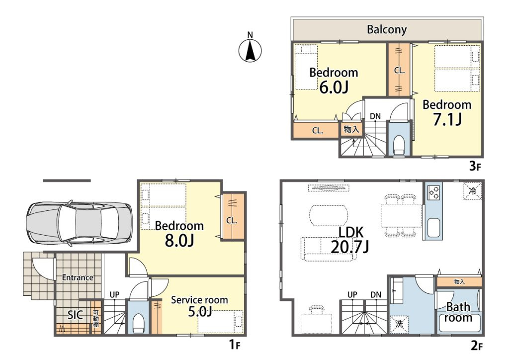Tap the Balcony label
[x=387, y=29]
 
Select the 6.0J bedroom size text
[x=334, y=88]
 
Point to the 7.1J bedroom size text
[x=447, y=119]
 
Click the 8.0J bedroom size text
[x=179, y=241]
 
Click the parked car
[x=80, y=223]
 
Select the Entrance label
[x=78, y=277]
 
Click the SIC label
[x=75, y=315]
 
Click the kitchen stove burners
[x=434, y=192]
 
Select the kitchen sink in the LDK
[x=433, y=228]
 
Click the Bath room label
[x=458, y=312]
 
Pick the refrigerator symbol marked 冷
[x=473, y=191]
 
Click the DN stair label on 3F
[x=375, y=116]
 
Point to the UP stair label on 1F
[x=114, y=295]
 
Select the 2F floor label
[x=476, y=346]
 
